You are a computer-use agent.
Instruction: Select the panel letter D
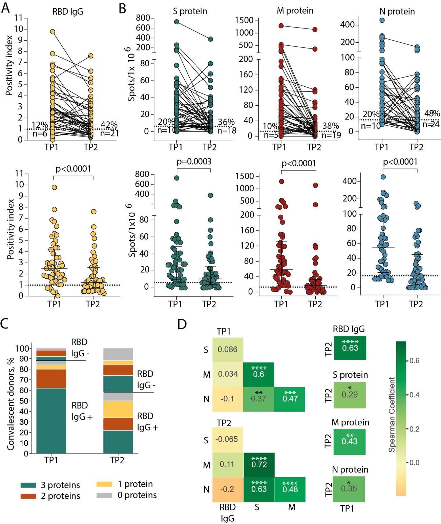(182, 324)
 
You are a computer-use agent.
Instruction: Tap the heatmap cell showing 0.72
(259, 464)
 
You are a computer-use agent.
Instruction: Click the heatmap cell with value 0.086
(227, 350)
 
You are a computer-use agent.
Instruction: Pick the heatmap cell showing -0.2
(227, 489)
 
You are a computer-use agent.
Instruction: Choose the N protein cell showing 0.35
(349, 488)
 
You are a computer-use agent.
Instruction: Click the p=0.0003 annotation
(194, 162)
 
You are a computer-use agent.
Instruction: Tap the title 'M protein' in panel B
(295, 11)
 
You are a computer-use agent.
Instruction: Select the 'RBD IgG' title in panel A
(67, 12)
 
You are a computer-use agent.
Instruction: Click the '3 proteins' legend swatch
(28, 485)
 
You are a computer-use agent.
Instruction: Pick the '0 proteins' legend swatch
(104, 495)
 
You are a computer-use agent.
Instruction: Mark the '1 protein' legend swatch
(104, 484)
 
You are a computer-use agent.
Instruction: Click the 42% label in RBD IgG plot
(109, 125)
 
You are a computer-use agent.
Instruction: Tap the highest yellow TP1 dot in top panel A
(52, 32)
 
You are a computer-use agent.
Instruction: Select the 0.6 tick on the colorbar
(414, 361)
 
